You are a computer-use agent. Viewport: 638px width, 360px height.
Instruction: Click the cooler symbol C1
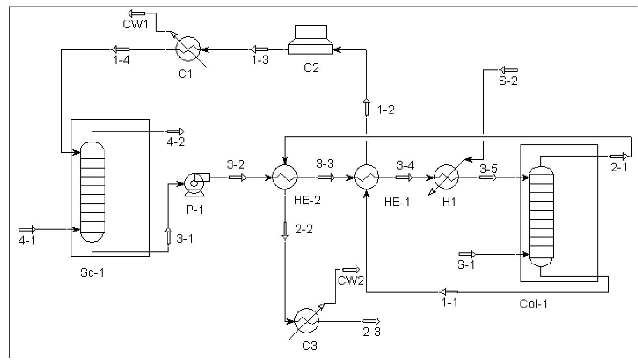point(188,49)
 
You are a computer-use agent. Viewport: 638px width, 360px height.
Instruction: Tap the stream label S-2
point(508,80)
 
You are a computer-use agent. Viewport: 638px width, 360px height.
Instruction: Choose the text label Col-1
point(533,303)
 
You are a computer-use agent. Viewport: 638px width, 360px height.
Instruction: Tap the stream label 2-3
point(372,332)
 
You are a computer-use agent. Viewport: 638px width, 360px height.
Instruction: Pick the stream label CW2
point(351,281)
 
